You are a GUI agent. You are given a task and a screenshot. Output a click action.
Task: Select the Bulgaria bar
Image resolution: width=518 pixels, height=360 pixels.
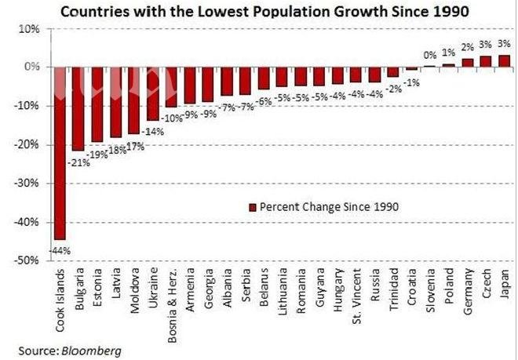(78, 108)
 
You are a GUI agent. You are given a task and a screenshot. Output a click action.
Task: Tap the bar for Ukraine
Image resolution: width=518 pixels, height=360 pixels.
(152, 93)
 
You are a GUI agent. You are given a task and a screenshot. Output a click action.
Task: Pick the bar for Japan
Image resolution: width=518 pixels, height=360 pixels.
(504, 61)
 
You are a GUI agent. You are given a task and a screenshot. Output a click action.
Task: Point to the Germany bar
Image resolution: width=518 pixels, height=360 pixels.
(467, 63)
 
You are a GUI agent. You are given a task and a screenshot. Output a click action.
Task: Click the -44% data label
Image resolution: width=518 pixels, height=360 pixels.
(60, 250)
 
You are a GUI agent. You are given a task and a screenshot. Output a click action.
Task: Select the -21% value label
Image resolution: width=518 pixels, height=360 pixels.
(78, 162)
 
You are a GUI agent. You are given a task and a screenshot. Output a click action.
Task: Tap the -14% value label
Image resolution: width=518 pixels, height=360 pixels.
(154, 132)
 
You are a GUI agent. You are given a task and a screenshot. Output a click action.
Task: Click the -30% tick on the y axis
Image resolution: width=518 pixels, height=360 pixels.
(29, 183)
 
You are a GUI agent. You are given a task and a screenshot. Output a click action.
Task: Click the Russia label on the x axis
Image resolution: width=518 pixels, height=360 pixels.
(374, 290)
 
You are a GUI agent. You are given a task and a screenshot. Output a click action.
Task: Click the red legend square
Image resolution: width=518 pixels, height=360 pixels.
(252, 207)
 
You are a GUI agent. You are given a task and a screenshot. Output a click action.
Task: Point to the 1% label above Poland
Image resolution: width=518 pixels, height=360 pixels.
(449, 53)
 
